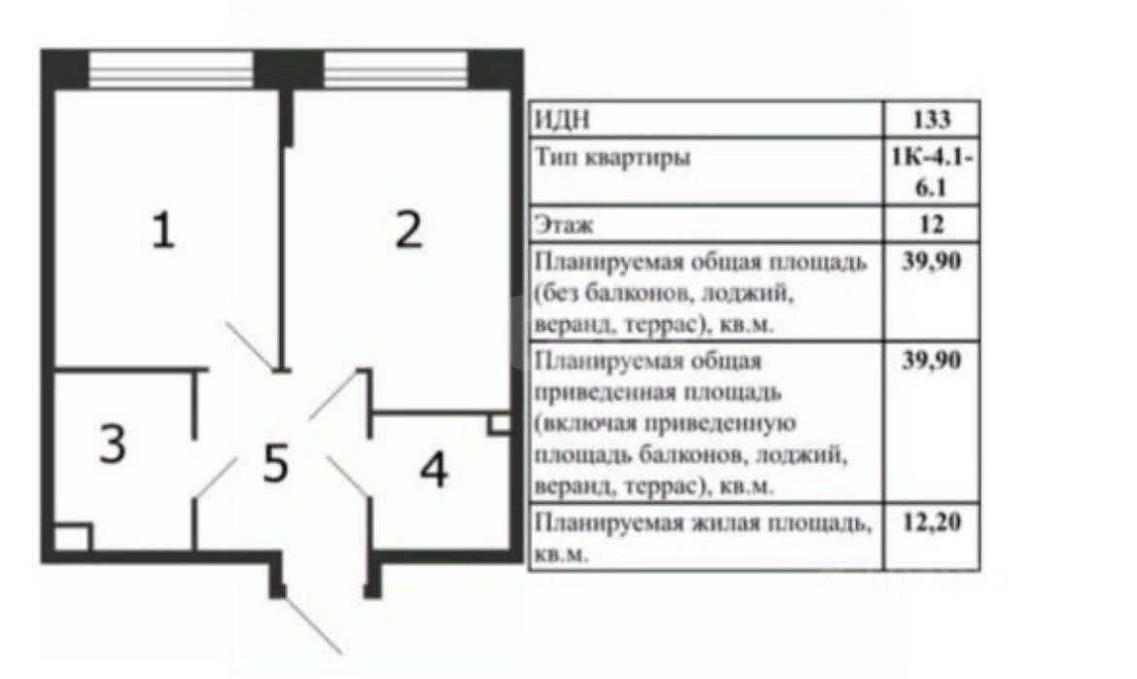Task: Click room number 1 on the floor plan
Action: [163, 230]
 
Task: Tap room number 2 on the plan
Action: [409, 230]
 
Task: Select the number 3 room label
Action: [113, 444]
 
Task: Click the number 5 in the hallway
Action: [276, 463]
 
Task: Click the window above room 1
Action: [171, 70]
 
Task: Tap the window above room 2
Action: [396, 70]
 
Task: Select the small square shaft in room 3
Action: [73, 537]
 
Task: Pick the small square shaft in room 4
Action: [499, 424]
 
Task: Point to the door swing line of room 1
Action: [250, 345]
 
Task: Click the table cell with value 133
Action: [932, 119]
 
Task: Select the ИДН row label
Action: [562, 119]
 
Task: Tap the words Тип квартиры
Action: [613, 157]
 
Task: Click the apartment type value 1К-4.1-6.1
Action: [932, 172]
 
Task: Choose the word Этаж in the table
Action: [564, 225]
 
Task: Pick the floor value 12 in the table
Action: [932, 225]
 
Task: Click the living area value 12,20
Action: [932, 521]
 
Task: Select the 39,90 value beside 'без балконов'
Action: [932, 260]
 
